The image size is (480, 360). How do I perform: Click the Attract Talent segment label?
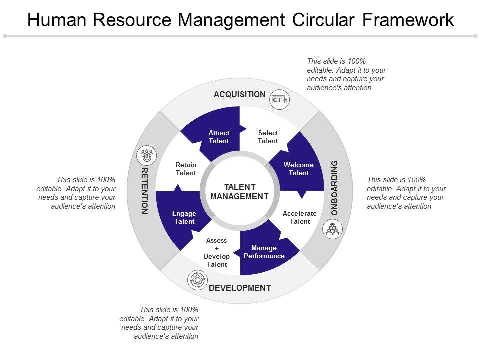click(219, 137)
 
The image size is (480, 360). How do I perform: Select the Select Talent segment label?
click(268, 137)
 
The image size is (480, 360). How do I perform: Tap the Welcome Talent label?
click(299, 169)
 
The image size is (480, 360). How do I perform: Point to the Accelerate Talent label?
click(300, 217)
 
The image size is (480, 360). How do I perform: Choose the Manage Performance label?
click(264, 252)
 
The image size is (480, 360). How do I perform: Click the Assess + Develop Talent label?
click(217, 252)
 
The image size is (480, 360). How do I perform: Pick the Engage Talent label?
click(184, 217)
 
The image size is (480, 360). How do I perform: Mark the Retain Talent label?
click(186, 169)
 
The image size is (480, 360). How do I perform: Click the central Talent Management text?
click(240, 192)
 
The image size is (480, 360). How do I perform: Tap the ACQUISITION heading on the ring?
click(240, 94)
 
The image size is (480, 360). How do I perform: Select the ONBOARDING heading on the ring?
click(335, 188)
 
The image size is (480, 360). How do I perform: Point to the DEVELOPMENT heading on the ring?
click(240, 288)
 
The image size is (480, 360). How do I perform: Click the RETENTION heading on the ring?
click(145, 191)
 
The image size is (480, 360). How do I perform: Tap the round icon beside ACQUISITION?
click(279, 99)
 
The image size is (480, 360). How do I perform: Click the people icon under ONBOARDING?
click(332, 229)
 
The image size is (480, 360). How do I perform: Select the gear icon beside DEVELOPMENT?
click(196, 279)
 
